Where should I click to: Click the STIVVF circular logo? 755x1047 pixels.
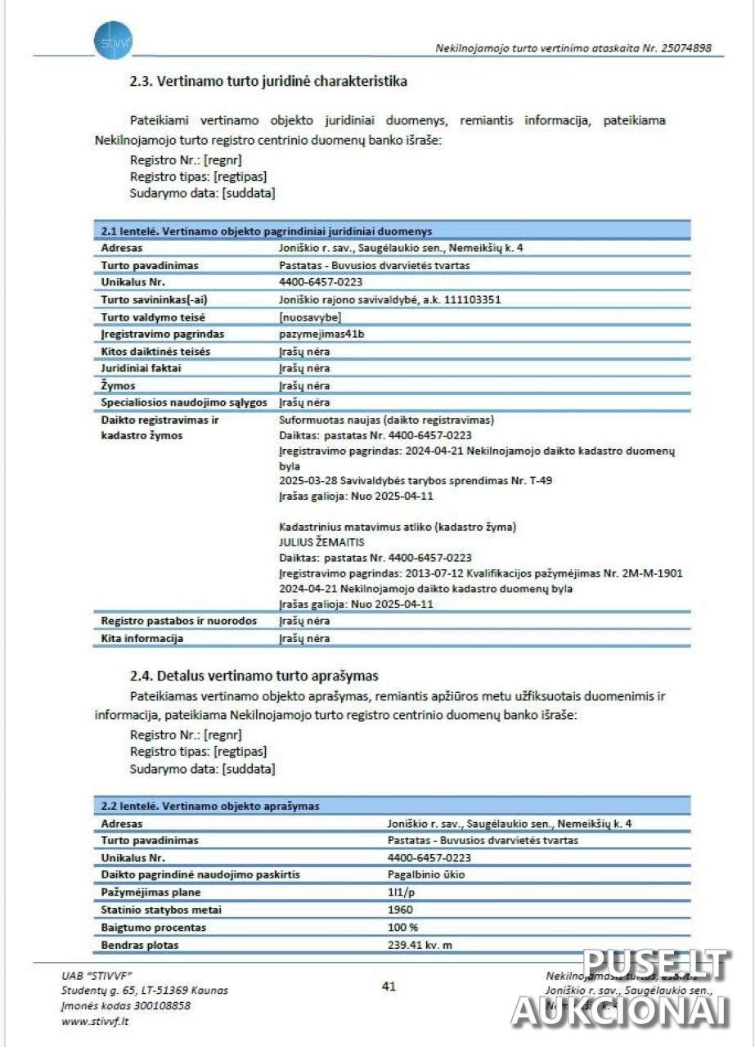(112, 41)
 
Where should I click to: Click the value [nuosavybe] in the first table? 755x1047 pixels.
(310, 317)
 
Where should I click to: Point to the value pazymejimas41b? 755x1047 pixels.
(320, 334)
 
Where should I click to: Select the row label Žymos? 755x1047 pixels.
(119, 385)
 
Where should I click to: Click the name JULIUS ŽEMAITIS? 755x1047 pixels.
(321, 541)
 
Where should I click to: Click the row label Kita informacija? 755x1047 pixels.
(142, 638)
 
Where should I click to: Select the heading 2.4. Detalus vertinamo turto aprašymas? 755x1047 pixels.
(254, 676)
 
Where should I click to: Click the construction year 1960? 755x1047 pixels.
(400, 910)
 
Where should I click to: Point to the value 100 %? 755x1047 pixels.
(402, 928)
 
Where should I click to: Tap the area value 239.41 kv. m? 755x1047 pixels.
(420, 946)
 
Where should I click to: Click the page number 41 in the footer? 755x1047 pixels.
(389, 986)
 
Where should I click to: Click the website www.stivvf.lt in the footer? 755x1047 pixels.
(95, 1020)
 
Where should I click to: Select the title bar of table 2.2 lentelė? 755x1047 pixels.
(391, 806)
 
